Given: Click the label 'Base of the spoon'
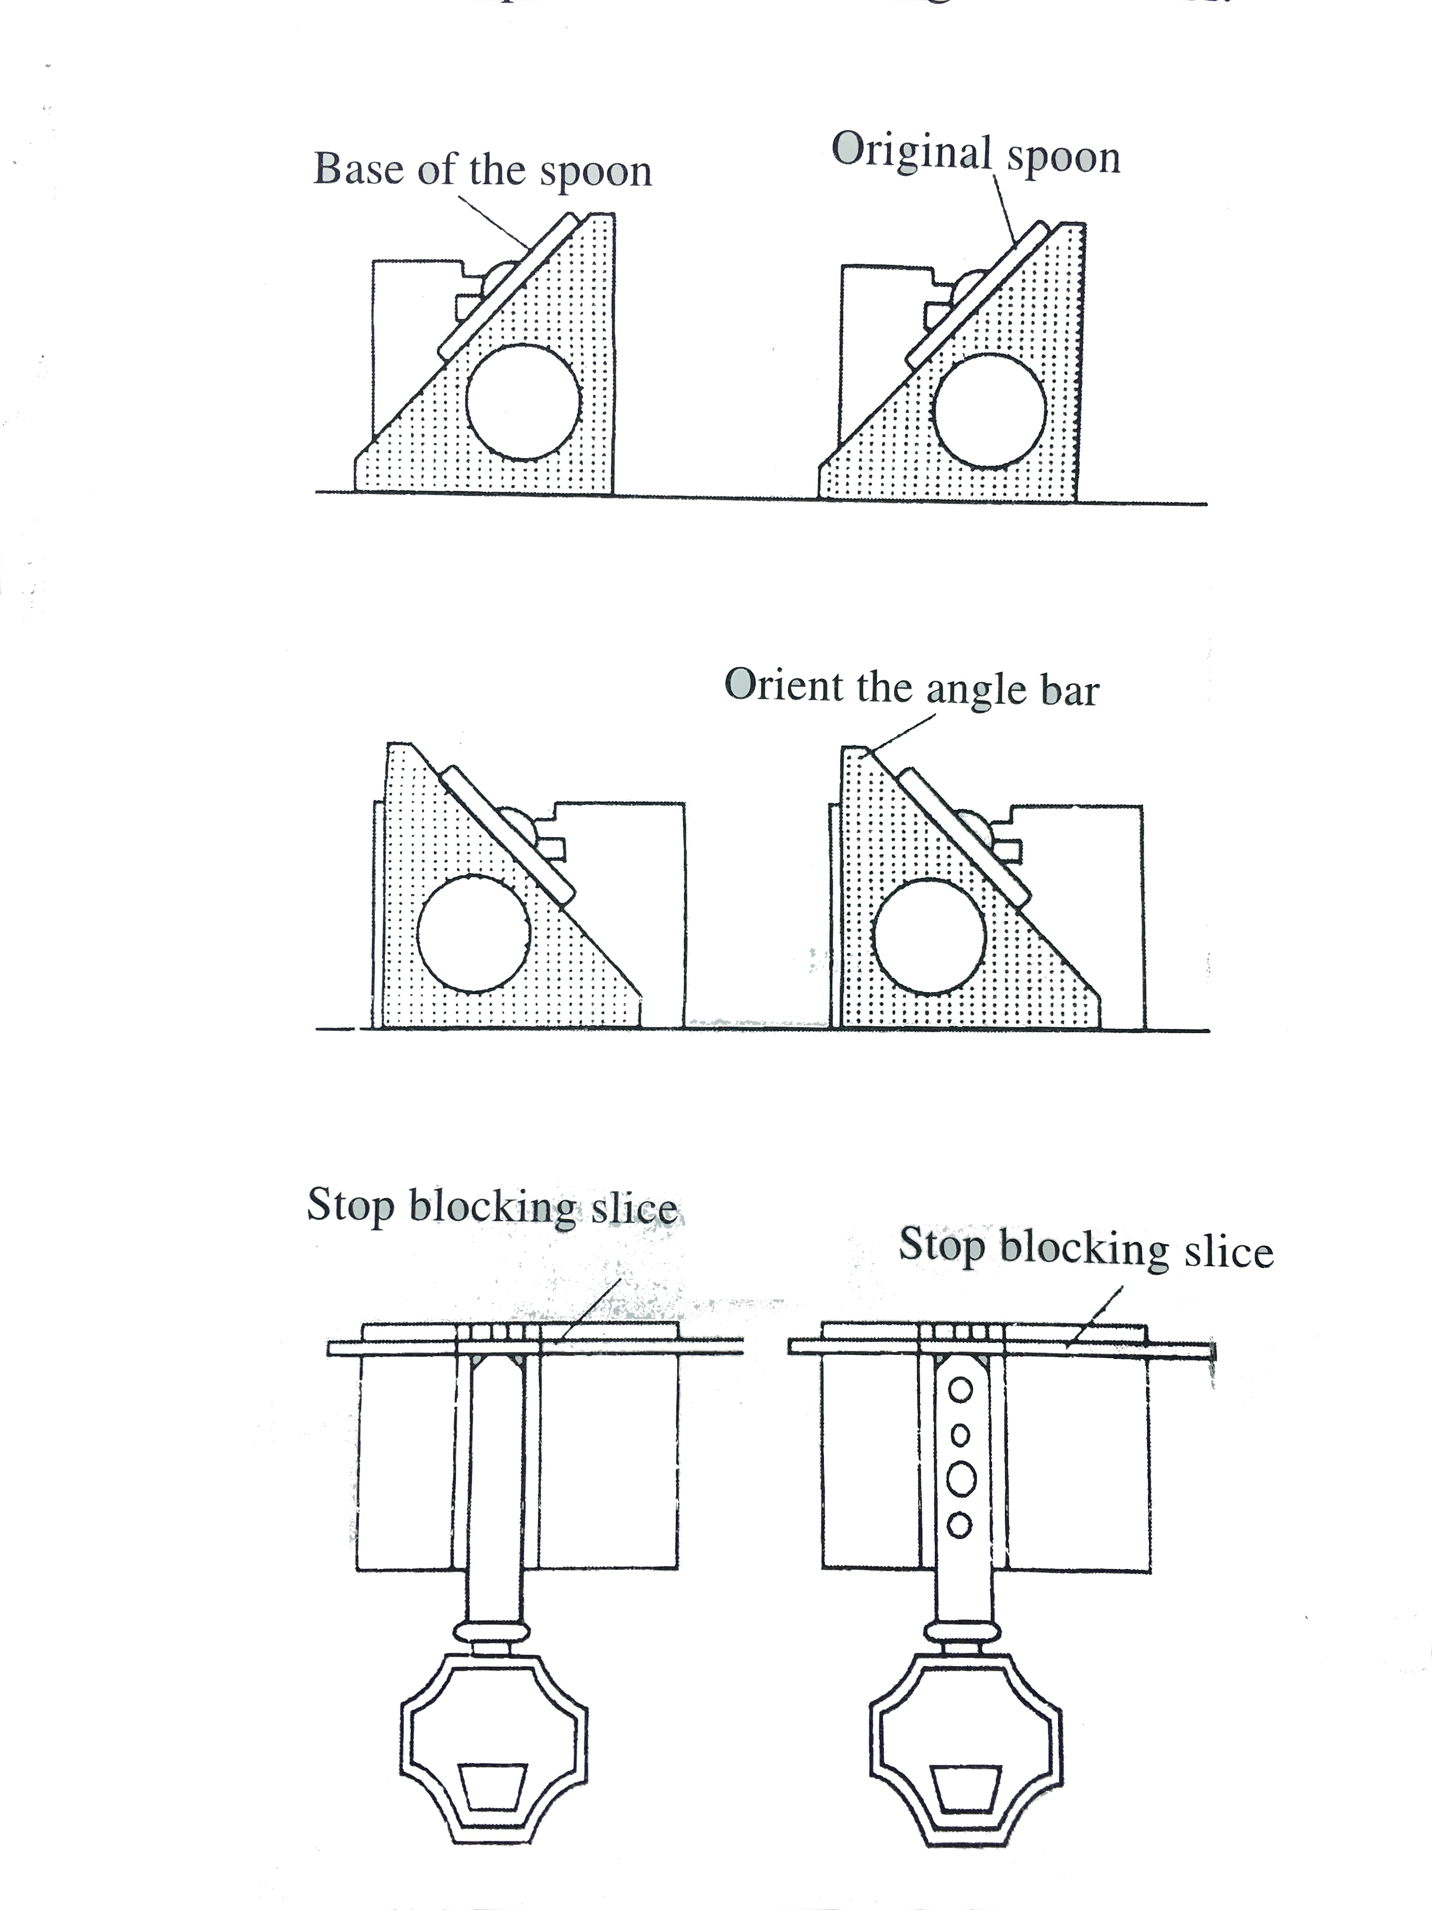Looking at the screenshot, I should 482,170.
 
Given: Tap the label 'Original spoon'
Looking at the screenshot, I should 976,155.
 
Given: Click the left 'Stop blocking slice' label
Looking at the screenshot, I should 492,1206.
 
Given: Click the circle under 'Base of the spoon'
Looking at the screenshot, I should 523,402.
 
